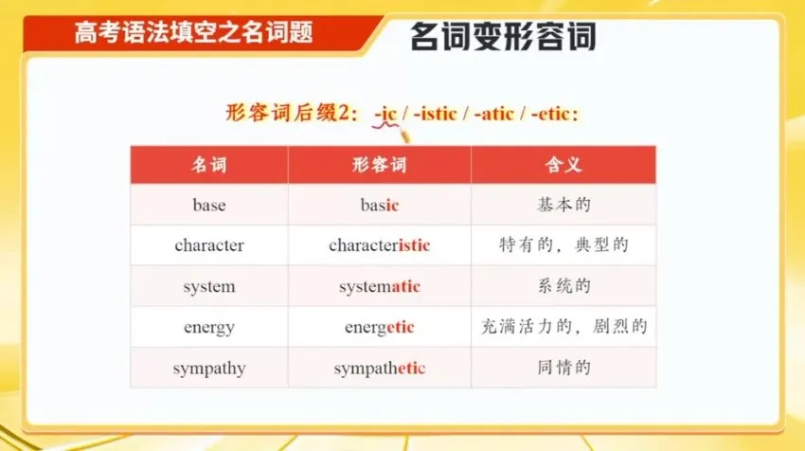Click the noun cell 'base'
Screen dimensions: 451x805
point(209,205)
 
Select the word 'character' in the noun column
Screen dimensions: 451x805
point(209,245)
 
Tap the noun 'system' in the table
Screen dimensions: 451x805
point(209,286)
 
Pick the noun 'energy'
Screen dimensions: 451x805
point(209,328)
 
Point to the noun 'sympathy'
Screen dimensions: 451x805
point(209,369)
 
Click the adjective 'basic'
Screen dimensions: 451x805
point(380,205)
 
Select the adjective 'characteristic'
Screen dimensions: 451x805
point(380,245)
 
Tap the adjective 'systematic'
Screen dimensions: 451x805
point(380,286)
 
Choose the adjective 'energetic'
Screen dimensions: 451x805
point(380,328)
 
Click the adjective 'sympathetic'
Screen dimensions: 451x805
point(380,369)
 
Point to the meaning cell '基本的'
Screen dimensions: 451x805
point(563,205)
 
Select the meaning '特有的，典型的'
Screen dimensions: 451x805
point(563,245)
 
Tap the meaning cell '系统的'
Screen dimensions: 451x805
point(563,286)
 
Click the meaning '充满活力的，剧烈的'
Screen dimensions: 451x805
point(563,328)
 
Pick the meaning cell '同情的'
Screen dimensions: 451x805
point(563,369)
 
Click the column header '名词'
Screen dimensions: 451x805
point(209,165)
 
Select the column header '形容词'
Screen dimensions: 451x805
point(380,165)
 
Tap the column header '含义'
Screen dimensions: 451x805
point(563,165)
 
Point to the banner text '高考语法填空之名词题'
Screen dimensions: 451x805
point(194,32)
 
